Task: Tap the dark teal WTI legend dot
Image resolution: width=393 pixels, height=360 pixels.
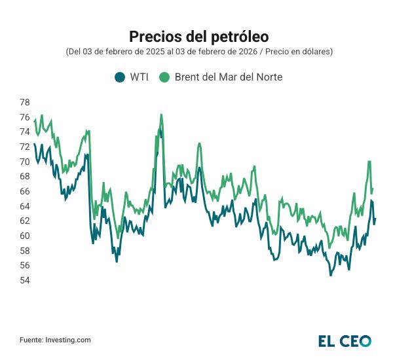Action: pos(119,77)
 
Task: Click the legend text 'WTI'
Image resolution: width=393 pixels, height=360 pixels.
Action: pos(139,77)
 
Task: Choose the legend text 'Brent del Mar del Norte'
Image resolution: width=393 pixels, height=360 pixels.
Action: pos(229,77)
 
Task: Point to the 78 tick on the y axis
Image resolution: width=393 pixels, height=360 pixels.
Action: pos(24,102)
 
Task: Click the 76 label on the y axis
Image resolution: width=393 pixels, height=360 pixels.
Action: pos(24,117)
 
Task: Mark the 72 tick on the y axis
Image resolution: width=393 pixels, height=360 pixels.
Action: pos(24,147)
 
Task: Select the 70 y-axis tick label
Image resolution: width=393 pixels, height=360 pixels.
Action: pos(24,162)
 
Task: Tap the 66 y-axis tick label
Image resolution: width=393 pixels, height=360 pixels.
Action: pos(24,191)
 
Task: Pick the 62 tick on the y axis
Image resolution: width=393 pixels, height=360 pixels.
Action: pos(24,221)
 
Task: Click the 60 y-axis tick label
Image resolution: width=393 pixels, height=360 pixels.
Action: pos(24,236)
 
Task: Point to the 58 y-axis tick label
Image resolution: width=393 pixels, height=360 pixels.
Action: pos(24,251)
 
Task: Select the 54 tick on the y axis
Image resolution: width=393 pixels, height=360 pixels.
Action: pos(24,280)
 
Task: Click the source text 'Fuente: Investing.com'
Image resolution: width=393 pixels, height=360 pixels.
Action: pos(55,340)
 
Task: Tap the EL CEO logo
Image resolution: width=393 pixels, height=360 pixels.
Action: pos(345,340)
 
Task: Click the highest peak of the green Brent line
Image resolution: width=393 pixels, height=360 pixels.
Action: pos(161,115)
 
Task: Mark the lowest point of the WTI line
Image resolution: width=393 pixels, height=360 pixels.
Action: pos(331,275)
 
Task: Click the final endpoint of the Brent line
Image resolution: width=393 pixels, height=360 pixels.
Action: pos(373,189)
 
